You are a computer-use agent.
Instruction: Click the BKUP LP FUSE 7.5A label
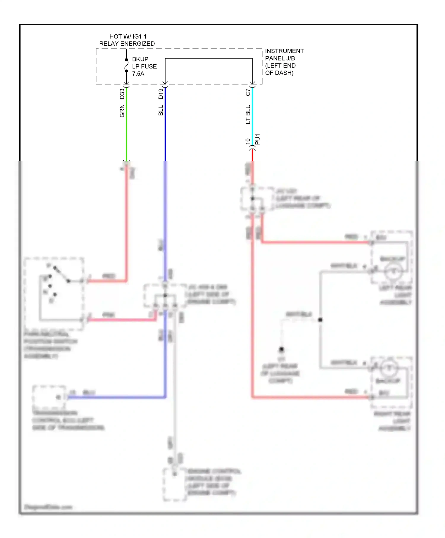(144, 66)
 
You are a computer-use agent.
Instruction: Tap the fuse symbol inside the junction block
(126, 65)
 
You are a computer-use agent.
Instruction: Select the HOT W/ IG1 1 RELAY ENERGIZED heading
(127, 40)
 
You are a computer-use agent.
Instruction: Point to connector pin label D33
(122, 94)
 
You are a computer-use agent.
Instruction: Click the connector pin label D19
(161, 94)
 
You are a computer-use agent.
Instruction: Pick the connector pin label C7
(248, 92)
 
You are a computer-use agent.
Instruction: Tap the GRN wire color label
(122, 111)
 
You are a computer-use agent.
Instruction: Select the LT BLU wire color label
(248, 114)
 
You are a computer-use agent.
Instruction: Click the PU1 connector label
(258, 139)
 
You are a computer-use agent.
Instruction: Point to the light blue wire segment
(252, 119)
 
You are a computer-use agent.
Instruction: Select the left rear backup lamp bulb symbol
(394, 271)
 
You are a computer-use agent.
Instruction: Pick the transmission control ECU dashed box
(49, 397)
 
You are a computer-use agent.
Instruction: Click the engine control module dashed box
(174, 484)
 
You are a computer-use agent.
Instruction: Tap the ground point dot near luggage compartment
(281, 349)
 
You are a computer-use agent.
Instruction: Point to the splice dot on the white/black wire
(320, 320)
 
